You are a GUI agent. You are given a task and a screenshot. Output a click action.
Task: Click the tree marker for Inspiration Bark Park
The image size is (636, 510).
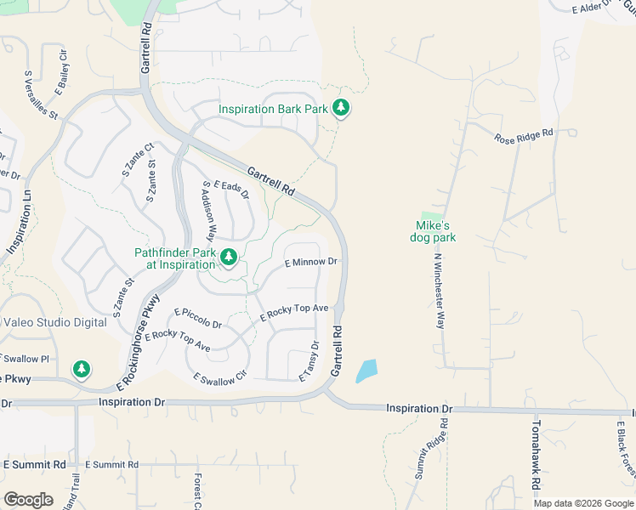point(341,109)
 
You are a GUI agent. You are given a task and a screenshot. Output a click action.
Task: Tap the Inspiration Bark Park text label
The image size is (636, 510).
point(273,110)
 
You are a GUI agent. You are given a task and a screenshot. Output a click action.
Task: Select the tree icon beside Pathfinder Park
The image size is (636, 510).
point(228,257)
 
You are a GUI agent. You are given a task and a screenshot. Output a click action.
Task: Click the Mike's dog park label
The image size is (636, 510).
point(435,232)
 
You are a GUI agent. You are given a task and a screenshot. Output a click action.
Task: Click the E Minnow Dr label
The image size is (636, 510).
point(311,263)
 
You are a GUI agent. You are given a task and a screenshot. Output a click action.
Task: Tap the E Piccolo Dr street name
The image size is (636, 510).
point(198,319)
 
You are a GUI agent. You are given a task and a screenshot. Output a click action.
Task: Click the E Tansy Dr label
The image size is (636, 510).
point(309,361)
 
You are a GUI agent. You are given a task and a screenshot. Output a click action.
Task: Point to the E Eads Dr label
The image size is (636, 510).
point(230,189)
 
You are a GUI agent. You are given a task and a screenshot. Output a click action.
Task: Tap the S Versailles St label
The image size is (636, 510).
point(41,93)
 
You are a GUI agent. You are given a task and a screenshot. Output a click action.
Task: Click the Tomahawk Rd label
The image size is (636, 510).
point(536,454)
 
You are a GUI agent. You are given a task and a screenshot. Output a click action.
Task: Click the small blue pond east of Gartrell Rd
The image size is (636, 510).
point(366,371)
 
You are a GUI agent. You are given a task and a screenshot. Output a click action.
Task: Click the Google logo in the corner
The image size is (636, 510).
point(28,500)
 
